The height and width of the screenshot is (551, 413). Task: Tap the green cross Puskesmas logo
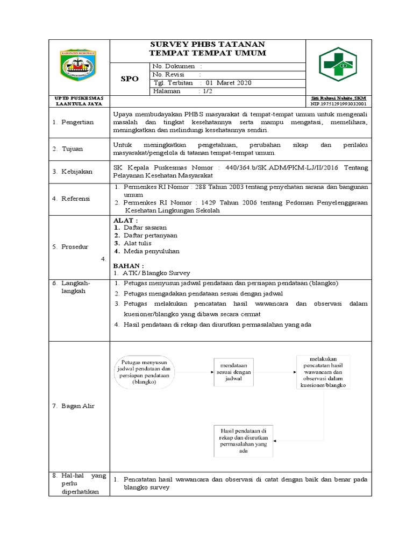(x=339, y=66)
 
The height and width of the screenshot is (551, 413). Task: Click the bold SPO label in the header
(x=129, y=79)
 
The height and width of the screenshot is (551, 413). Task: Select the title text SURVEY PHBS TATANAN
(x=208, y=44)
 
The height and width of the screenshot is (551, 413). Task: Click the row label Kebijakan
(x=76, y=172)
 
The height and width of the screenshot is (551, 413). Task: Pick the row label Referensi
(x=76, y=199)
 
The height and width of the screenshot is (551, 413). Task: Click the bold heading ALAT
(x=125, y=221)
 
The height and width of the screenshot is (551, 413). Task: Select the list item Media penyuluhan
(x=151, y=251)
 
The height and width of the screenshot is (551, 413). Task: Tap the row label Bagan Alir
(x=76, y=406)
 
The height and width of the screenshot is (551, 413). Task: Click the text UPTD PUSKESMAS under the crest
(x=79, y=98)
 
